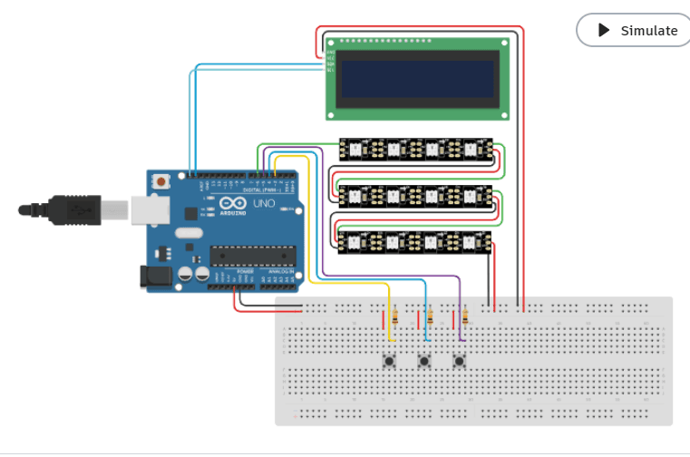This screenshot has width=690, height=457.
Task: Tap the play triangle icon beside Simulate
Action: pos(604,30)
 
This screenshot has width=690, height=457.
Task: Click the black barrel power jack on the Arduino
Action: pos(155,277)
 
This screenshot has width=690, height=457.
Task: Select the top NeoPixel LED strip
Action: pos(415,149)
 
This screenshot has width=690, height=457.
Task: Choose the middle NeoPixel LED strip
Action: pos(415,195)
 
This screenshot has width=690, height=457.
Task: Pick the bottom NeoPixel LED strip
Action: pos(415,241)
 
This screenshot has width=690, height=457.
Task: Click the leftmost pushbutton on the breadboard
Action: pos(389,361)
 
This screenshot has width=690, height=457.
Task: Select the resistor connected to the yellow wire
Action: pos(394,317)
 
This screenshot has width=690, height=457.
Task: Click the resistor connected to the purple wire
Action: pos(465,317)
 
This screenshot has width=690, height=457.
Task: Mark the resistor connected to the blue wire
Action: pos(430,317)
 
